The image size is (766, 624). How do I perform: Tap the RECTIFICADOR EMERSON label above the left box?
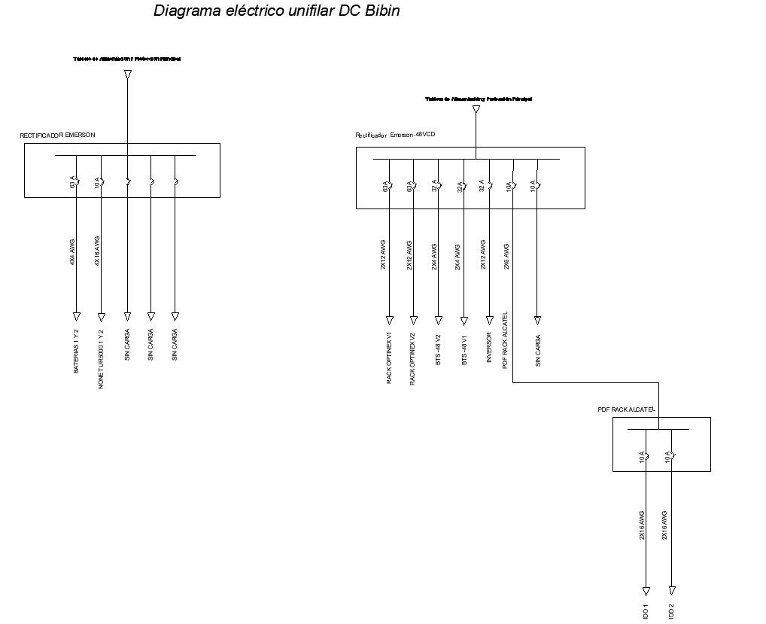(x=57, y=135)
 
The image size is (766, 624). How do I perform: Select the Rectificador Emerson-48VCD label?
(x=395, y=135)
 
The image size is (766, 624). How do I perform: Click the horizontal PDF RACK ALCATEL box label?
(x=627, y=409)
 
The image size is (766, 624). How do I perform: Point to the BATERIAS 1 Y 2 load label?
(x=76, y=351)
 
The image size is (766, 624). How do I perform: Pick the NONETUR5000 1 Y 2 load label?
(x=101, y=359)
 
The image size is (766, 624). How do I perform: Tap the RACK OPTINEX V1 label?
(x=389, y=358)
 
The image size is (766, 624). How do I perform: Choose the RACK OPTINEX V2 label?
(x=412, y=358)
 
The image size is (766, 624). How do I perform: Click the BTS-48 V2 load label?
(x=438, y=349)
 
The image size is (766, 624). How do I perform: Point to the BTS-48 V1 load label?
(x=464, y=349)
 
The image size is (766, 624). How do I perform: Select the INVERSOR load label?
(x=488, y=348)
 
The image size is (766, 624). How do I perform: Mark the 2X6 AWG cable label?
(x=507, y=256)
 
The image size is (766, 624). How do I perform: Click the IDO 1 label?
(x=646, y=611)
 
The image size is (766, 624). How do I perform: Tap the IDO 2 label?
(x=671, y=611)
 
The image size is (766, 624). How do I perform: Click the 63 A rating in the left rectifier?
(x=73, y=182)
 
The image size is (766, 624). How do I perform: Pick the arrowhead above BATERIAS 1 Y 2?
(x=76, y=316)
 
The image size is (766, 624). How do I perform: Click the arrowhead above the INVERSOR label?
(x=488, y=319)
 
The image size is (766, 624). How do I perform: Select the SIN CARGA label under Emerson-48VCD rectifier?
(x=538, y=350)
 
